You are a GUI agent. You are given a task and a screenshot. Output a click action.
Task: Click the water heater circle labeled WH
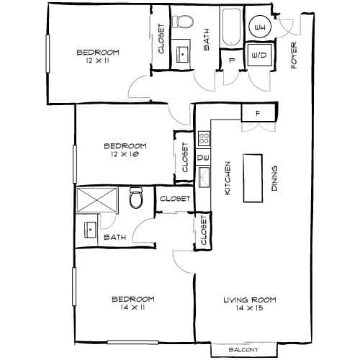(x=260, y=27)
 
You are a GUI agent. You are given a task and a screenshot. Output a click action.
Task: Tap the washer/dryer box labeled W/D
(x=260, y=55)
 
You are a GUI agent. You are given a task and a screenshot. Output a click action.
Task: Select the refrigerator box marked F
(x=258, y=113)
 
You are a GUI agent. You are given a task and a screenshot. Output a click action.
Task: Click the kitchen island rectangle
(x=253, y=179)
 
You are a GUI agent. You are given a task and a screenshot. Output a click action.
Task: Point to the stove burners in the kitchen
(x=204, y=138)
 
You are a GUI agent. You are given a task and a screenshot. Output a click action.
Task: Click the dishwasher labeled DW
(x=203, y=157)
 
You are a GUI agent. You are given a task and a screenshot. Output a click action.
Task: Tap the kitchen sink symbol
(x=204, y=177)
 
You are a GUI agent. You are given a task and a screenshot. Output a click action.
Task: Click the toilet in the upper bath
(x=183, y=22)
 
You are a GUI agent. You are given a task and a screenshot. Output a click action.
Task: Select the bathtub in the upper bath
(x=231, y=27)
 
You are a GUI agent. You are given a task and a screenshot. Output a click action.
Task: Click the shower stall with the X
(x=97, y=200)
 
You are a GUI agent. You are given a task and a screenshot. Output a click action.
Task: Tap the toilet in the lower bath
(x=136, y=198)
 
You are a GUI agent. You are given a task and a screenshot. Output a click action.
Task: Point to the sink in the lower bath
(x=91, y=230)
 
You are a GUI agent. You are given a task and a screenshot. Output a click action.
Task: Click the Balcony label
(x=243, y=350)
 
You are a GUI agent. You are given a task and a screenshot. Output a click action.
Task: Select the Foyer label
(x=294, y=55)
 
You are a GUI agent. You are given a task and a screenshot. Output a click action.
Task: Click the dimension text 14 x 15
(x=249, y=307)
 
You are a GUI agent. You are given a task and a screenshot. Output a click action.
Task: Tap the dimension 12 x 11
(x=97, y=60)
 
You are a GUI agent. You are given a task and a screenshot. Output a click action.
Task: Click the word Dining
(x=274, y=179)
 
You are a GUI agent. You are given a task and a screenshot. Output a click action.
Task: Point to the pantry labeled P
(x=231, y=60)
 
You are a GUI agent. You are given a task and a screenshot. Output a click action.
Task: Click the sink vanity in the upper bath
(x=183, y=55)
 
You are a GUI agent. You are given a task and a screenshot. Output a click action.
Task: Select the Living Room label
(x=250, y=300)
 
